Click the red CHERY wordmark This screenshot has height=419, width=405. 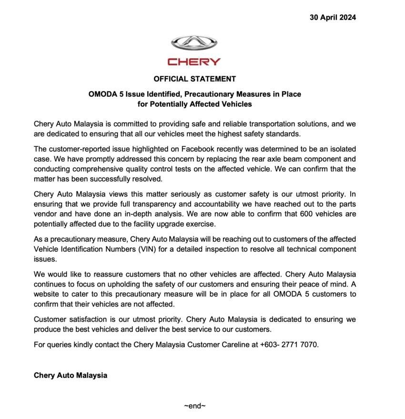(194, 62)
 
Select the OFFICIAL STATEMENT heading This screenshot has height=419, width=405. (194, 79)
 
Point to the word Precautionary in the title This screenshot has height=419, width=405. (207, 94)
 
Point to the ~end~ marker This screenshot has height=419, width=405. (194, 406)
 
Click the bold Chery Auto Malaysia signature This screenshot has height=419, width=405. (71, 375)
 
